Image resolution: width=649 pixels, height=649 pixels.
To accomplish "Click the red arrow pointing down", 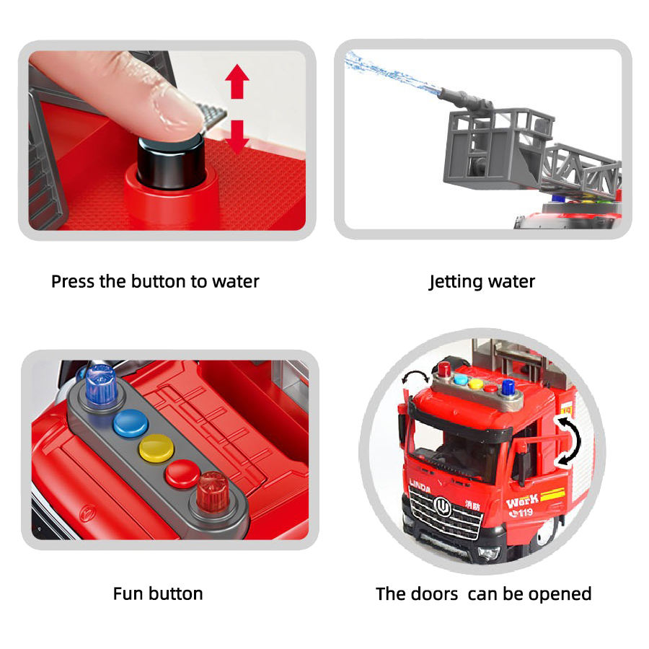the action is coord(237,136).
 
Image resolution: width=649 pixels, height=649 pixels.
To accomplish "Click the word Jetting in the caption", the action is coord(455,282).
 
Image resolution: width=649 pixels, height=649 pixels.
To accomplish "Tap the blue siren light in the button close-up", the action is coord(101,384).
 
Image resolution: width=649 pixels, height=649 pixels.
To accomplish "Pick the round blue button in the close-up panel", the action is coord(131,423).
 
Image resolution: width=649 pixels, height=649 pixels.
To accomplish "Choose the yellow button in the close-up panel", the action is coord(156,449).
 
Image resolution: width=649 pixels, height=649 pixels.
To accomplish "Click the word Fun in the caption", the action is coord(127,593).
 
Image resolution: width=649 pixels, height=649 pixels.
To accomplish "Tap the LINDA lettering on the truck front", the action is coord(420,486).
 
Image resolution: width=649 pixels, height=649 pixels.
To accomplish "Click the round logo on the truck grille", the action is coord(441,506).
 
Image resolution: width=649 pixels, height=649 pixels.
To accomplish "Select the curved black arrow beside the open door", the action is coord(571,441).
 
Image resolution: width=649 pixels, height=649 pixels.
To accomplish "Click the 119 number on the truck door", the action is coord(521,513).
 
